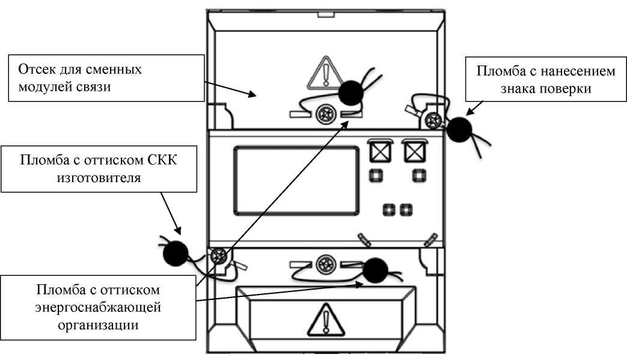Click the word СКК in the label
tap(162, 160)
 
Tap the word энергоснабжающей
tap(98, 308)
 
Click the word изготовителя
tap(99, 178)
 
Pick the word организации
tap(99, 325)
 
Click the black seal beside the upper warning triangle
tap(350, 93)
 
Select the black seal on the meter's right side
tap(459, 129)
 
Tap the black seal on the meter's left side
tap(175, 253)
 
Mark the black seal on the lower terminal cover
tap(375, 270)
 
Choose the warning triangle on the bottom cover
tap(326, 320)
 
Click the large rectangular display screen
tap(296, 180)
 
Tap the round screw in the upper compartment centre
tap(326, 114)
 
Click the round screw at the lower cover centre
tap(326, 265)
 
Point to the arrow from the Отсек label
tap(230, 89)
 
